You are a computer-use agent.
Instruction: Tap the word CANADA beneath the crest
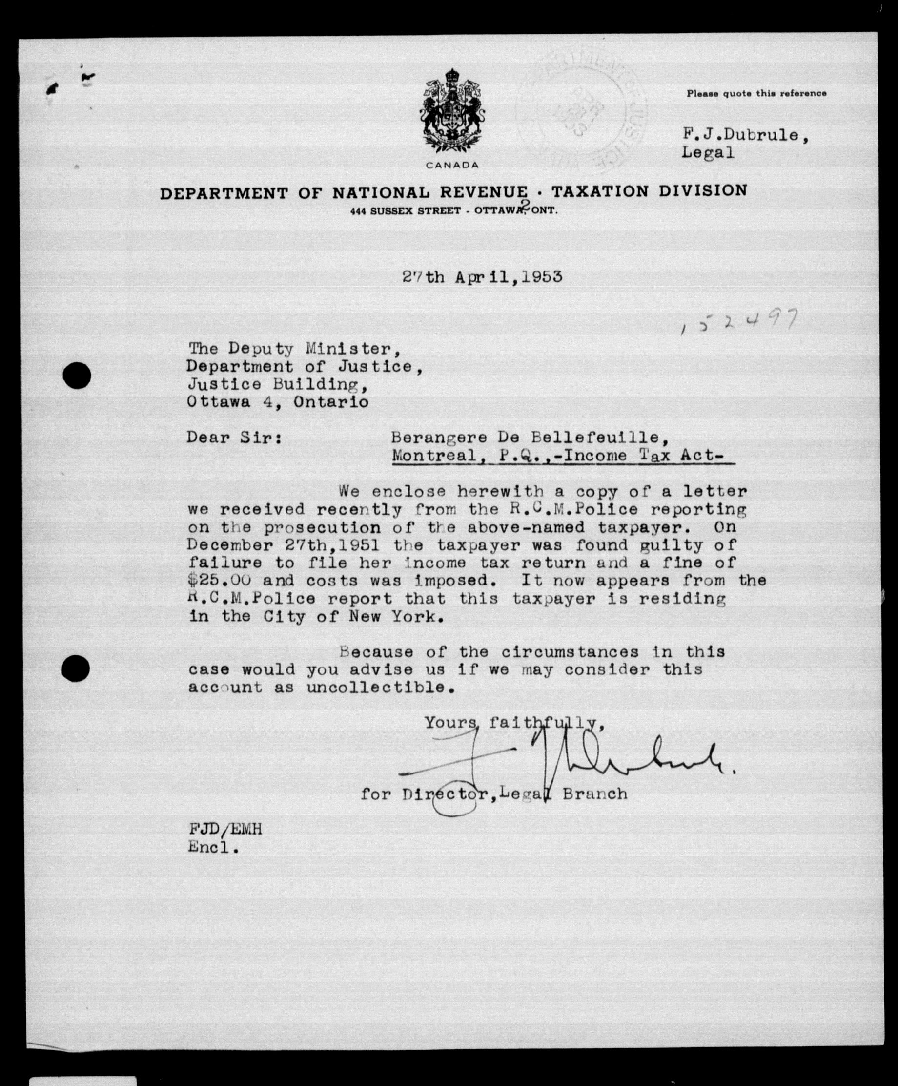(453, 166)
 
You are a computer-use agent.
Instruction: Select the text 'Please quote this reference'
(756, 94)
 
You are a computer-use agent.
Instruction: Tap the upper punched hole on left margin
(77, 376)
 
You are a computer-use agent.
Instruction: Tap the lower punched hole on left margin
(76, 668)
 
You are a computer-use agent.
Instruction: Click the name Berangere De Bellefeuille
(525, 438)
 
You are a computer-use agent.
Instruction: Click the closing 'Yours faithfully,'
(514, 723)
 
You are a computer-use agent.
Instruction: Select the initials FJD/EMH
(225, 830)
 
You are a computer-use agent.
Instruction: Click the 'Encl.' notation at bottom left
(213, 848)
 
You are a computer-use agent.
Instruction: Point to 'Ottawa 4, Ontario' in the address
(278, 402)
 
